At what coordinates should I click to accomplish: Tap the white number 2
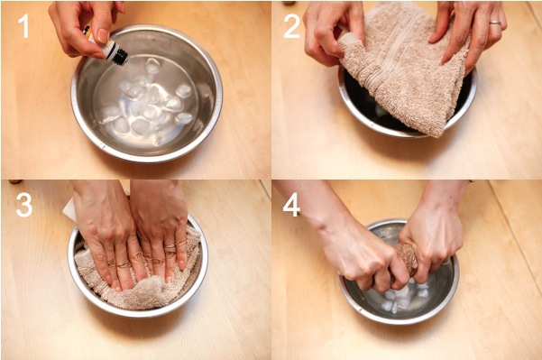[291, 26]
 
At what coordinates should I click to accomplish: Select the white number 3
[24, 205]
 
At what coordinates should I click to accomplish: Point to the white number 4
[291, 205]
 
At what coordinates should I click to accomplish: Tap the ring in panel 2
[495, 23]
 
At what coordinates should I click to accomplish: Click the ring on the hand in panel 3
[170, 246]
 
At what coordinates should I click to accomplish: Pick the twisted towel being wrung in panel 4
[405, 261]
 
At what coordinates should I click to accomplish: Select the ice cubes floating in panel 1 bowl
[146, 100]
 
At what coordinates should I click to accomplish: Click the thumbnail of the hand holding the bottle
[103, 35]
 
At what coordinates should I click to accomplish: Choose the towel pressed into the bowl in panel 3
[138, 277]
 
